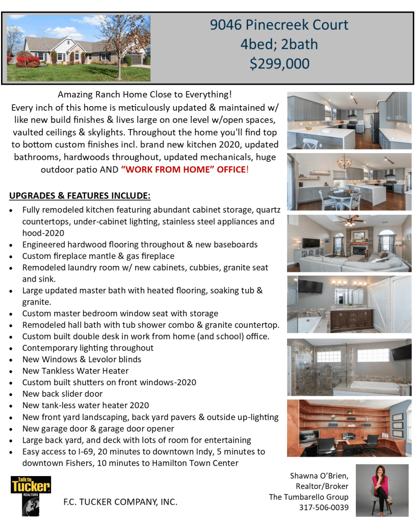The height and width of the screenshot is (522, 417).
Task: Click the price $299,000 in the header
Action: [x=279, y=63]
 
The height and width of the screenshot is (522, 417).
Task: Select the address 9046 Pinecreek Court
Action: [x=279, y=25]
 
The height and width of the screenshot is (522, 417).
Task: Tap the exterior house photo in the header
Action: [x=79, y=41]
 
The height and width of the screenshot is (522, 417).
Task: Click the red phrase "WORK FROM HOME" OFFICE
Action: [x=184, y=169]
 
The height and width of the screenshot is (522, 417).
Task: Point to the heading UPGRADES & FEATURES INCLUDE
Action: [x=80, y=196]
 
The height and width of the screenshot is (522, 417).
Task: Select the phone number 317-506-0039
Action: [x=324, y=507]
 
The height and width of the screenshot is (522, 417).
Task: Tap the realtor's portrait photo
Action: [x=382, y=490]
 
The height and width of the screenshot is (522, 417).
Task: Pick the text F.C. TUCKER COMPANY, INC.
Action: [x=120, y=502]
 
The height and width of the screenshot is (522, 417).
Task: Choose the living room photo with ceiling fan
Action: [x=349, y=243]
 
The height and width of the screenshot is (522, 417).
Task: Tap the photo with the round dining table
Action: [x=349, y=182]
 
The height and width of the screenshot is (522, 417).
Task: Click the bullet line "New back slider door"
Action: [x=62, y=394]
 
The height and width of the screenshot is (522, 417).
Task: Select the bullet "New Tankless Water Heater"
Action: [x=75, y=371]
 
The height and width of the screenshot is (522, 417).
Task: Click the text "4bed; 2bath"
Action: [x=279, y=44]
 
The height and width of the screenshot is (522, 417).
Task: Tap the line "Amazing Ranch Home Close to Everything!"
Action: [x=145, y=94]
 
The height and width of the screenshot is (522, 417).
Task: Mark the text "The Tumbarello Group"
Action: [x=309, y=497]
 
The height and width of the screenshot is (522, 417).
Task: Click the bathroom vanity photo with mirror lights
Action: [x=349, y=305]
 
